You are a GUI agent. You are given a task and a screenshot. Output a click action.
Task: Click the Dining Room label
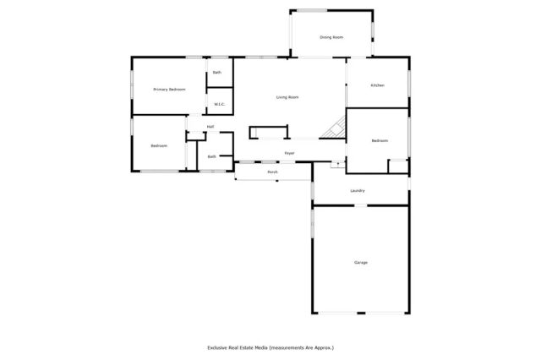tap(331, 37)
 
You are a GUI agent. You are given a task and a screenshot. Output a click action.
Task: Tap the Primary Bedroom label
tap(169, 89)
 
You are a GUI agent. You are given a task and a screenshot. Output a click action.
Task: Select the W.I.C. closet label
tap(218, 104)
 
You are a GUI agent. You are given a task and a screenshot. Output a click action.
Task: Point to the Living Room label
tap(287, 97)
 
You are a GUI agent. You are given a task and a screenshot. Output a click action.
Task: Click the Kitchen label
tap(378, 85)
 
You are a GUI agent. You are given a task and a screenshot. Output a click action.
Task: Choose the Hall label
tap(210, 127)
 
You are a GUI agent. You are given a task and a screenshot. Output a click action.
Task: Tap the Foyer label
tap(289, 153)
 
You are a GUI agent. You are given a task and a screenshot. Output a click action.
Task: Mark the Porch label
tap(272, 172)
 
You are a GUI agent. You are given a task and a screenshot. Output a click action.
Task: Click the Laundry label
tap(358, 190)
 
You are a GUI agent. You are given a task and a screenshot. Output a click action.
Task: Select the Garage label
tap(361, 263)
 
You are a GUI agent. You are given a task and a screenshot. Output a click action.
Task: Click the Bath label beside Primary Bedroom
tap(217, 73)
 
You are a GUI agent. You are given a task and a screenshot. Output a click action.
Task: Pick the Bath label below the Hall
tap(211, 156)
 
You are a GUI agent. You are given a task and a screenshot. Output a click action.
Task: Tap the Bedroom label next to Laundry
tap(379, 140)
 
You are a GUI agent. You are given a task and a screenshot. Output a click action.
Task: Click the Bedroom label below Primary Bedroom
tap(159, 146)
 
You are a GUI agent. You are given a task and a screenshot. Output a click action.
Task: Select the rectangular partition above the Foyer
tap(268, 133)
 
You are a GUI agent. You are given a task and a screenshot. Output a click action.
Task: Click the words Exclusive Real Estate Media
tap(238, 347)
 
